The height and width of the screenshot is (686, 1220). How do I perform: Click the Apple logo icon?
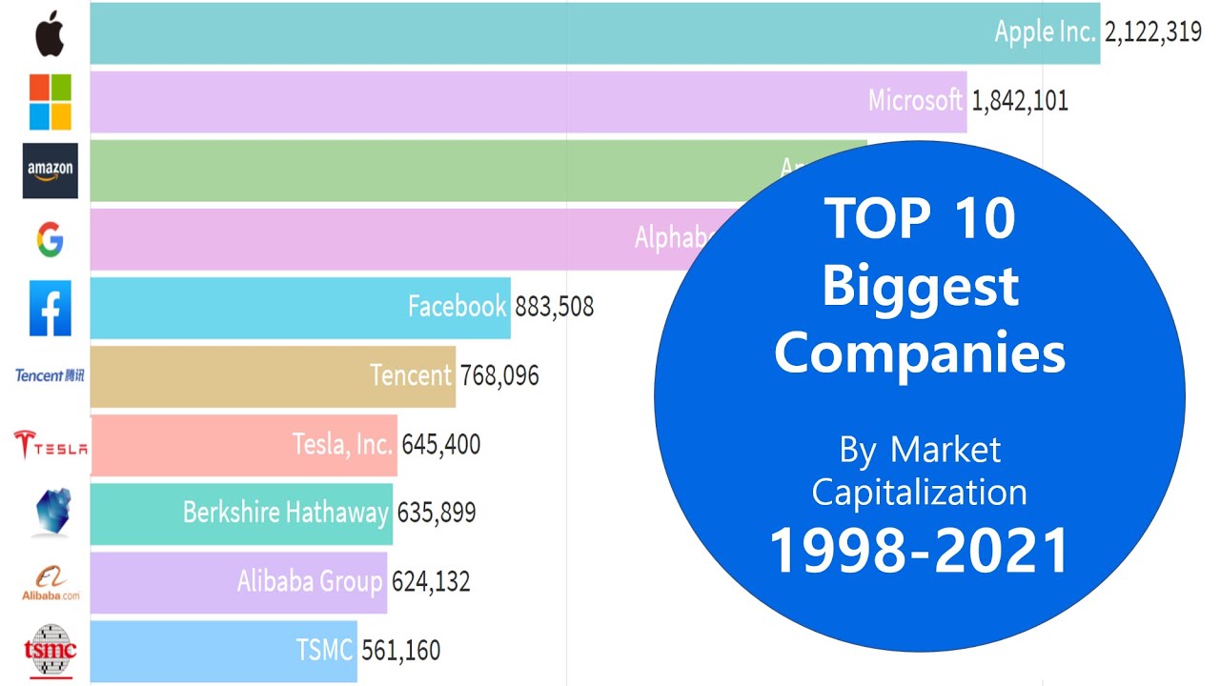[x=50, y=34]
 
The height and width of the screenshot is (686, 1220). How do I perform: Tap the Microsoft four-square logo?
[x=50, y=102]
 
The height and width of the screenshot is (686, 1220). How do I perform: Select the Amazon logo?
[x=50, y=171]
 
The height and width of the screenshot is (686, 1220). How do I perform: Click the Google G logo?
[x=50, y=240]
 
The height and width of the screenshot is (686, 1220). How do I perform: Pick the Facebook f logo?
[x=50, y=308]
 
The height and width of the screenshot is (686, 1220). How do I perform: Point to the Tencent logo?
[x=50, y=375]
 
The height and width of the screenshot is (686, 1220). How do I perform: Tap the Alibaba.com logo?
[x=51, y=582]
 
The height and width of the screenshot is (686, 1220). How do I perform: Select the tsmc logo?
[x=50, y=651]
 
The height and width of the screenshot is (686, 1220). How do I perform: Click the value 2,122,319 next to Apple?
[x=1152, y=32]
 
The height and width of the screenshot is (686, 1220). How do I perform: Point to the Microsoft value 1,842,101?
[x=1019, y=101]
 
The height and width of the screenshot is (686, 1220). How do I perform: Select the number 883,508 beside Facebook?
[x=554, y=307]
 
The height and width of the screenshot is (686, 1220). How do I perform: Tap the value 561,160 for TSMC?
[x=400, y=651]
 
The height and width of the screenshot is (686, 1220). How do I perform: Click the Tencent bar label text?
[x=411, y=375]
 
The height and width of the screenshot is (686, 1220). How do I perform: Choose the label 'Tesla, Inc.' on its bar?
[x=342, y=444]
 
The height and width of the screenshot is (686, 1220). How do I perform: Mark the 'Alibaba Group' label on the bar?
[x=310, y=581]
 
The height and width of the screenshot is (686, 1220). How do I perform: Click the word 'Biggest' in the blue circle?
[x=920, y=286]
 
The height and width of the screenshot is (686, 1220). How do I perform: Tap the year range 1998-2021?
[x=919, y=552]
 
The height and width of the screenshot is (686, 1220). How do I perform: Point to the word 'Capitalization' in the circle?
[x=919, y=493]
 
